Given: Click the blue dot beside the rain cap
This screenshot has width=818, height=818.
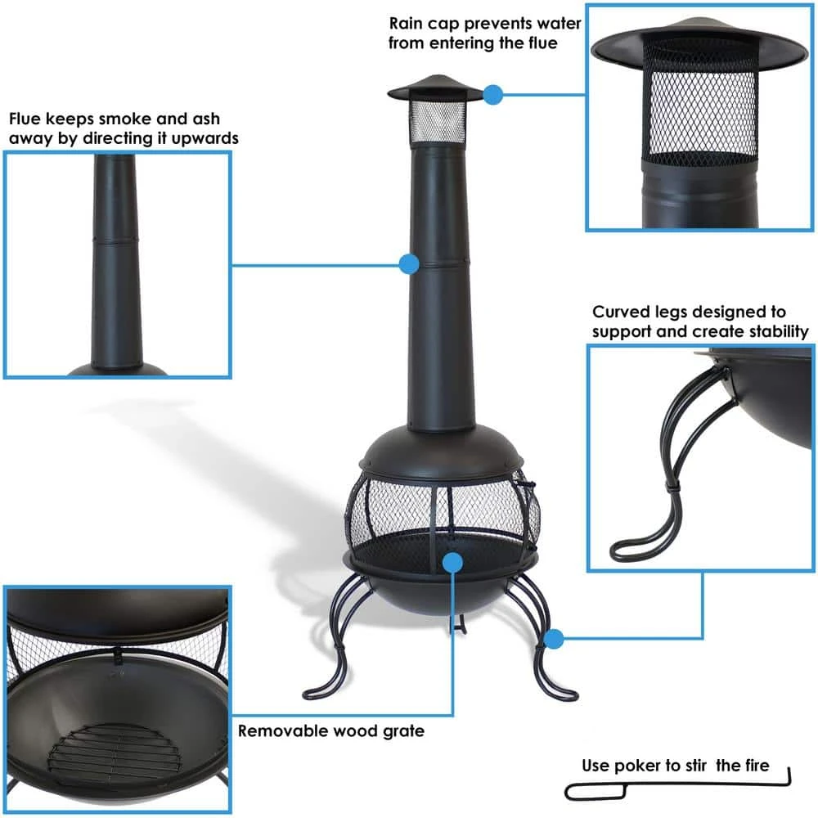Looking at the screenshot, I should coord(492,95).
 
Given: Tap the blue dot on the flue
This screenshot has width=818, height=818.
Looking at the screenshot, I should coord(409,263).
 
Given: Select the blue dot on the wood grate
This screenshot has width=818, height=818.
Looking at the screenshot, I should coord(452,562).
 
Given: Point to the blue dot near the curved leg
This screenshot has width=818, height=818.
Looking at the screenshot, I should coord(555,637).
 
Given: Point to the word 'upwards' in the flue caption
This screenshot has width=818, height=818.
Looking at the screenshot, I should coord(206,138).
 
